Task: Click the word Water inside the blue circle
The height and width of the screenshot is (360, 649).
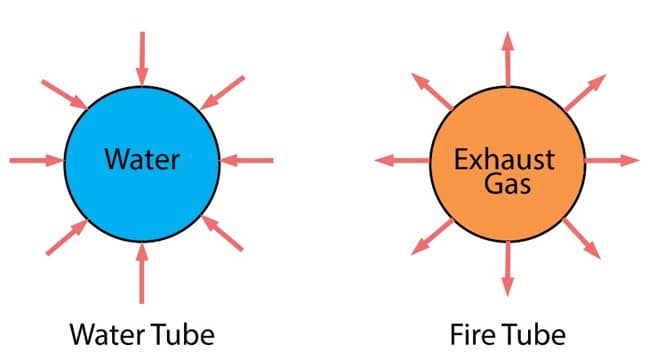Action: [141, 158]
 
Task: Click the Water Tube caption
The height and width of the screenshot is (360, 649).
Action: [141, 331]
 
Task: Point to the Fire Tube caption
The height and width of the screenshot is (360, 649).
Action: [507, 331]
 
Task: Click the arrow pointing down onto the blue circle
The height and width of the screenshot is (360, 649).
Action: [141, 57]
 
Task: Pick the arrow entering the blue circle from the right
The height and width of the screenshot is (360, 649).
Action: [245, 159]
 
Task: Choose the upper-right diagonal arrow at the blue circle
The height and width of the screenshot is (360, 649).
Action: [221, 91]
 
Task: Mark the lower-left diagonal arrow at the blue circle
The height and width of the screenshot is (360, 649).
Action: [66, 236]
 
